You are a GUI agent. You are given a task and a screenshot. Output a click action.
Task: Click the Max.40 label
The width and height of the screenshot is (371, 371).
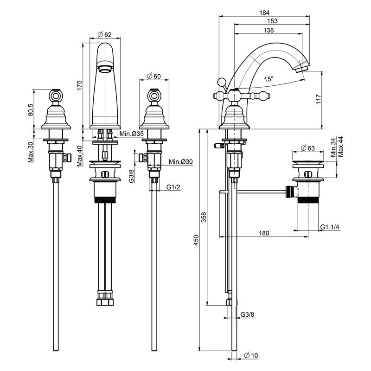79,156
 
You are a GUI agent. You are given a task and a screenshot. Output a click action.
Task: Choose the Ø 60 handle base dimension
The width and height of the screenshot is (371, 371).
154,76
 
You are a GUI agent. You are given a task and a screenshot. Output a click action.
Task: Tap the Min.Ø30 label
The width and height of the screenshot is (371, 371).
180,161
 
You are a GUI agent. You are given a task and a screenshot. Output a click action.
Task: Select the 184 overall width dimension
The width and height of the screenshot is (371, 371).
265,13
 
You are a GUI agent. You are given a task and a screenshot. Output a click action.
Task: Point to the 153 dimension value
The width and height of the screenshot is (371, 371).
272,22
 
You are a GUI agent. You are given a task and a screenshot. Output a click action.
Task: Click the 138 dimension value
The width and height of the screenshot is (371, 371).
269,30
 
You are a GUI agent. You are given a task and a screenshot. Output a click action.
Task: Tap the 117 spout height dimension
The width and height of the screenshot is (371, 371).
318,100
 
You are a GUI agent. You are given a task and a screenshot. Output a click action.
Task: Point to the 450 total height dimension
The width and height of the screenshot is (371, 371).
196,240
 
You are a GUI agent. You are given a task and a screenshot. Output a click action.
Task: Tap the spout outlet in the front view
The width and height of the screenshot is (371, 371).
105,69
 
